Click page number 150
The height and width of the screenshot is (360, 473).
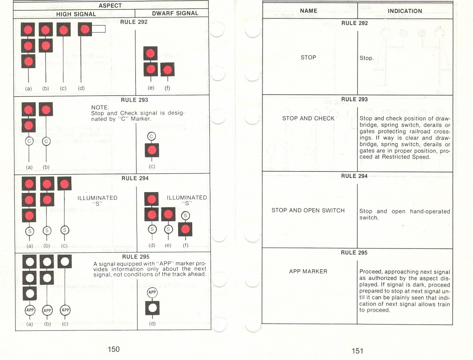pyautogui.click(x=114, y=349)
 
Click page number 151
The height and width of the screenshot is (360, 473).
pyautogui.click(x=357, y=351)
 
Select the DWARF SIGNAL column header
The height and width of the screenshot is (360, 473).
pyautogui.click(x=175, y=13)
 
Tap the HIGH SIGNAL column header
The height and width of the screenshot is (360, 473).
pyautogui.click(x=76, y=14)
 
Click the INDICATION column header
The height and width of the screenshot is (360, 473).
pyautogui.click(x=405, y=11)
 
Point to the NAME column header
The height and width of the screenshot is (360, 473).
pyautogui.click(x=309, y=11)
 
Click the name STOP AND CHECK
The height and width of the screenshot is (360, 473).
pyautogui.click(x=308, y=119)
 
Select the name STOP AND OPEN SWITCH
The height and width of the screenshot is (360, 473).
pyautogui.click(x=308, y=210)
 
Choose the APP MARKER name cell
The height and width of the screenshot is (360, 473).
pyautogui.click(x=308, y=271)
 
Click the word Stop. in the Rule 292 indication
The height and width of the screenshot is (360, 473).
pyautogui.click(x=367, y=58)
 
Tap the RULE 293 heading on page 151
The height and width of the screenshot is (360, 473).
pyautogui.click(x=354, y=99)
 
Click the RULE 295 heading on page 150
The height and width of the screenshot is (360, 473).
pyautogui.click(x=136, y=257)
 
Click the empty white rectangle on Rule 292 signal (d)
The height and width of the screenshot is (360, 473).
pyautogui.click(x=99, y=29)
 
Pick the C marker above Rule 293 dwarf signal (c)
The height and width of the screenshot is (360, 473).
pyautogui.click(x=151, y=136)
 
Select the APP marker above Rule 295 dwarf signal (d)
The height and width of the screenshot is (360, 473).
pyautogui.click(x=152, y=293)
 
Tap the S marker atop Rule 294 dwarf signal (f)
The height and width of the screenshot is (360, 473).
pyautogui.click(x=186, y=216)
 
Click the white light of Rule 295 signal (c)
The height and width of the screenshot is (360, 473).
pyautogui.click(x=65, y=262)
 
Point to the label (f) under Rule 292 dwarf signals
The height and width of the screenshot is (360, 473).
pyautogui.click(x=167, y=88)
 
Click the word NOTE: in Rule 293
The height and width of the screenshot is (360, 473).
pyautogui.click(x=100, y=107)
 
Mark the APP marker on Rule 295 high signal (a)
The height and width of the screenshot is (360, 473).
pyautogui.click(x=30, y=310)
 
